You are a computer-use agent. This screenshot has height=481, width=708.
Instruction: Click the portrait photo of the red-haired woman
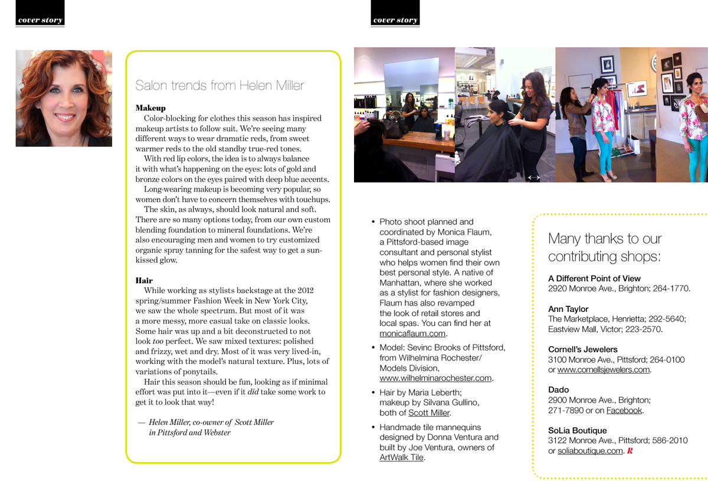click(x=64, y=98)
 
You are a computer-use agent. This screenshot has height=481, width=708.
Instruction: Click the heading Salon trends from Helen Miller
click(x=219, y=86)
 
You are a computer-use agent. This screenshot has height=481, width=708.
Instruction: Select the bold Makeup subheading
click(x=150, y=108)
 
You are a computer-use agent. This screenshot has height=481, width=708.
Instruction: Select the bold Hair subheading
click(x=143, y=280)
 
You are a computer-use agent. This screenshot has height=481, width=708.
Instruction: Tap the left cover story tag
click(x=40, y=19)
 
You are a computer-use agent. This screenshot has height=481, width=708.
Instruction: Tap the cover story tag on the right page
click(x=395, y=19)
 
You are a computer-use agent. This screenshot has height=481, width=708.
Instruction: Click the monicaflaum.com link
click(x=412, y=333)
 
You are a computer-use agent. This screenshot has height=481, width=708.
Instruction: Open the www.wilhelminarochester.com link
click(x=435, y=378)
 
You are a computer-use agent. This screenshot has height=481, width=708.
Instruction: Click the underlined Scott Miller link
click(x=429, y=413)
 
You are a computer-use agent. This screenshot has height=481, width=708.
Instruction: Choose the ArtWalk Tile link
click(x=401, y=457)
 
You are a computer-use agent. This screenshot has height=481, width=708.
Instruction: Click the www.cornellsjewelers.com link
click(x=604, y=370)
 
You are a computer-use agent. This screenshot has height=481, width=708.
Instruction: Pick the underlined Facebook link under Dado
click(x=624, y=410)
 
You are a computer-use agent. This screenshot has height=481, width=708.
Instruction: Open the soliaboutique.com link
click(x=590, y=451)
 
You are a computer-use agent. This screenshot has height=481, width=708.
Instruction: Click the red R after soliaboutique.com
click(x=630, y=451)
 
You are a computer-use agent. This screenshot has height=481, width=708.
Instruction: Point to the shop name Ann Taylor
click(x=568, y=309)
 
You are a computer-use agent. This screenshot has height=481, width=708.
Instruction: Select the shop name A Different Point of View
click(x=594, y=278)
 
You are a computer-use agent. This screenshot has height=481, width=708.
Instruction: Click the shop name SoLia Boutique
click(x=577, y=431)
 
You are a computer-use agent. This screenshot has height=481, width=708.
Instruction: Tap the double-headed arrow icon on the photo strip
click(x=534, y=177)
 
